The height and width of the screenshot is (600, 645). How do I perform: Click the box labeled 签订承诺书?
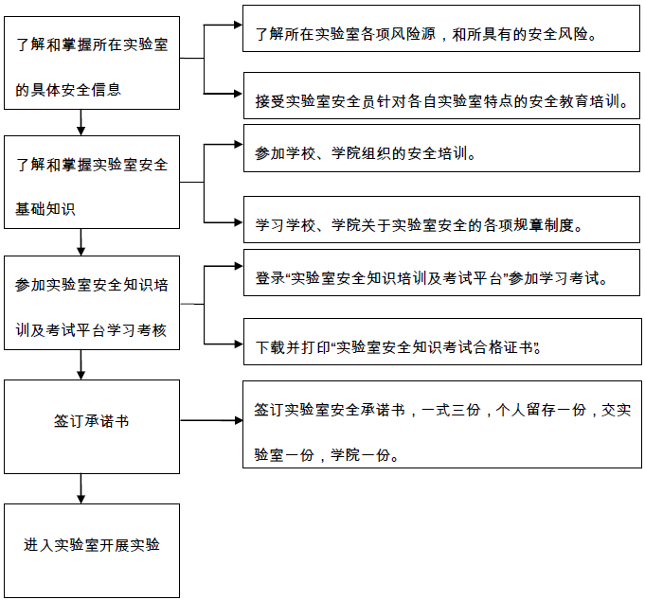92,427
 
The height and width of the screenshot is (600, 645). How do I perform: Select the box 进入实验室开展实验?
92,551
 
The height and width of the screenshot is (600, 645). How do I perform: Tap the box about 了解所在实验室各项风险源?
441,28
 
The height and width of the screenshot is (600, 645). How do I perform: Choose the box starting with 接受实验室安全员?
441,96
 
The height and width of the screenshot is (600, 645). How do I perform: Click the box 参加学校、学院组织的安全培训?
441,149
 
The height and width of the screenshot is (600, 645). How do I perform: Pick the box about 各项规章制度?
441,220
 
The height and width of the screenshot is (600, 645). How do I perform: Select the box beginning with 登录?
441,273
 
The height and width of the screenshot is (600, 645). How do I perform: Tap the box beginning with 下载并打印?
442,342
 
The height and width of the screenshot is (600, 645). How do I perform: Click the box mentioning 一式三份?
442,425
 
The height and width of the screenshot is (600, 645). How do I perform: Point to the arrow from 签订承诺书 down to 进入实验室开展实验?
81,488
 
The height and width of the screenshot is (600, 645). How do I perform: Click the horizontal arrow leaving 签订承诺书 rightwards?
211,420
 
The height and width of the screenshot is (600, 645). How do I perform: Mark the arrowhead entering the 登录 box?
239,266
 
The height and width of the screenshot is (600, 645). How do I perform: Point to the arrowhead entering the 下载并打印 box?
239,344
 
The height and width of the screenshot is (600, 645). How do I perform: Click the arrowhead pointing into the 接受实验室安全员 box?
239,94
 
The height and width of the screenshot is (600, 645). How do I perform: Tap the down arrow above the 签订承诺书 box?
81,365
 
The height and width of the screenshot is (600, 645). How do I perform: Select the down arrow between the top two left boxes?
81,122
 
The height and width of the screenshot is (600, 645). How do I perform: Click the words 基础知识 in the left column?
45,209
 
